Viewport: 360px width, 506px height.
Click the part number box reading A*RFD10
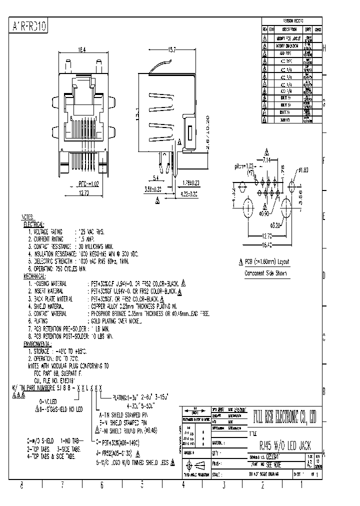[29, 26]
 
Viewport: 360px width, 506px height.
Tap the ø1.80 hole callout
[302, 170]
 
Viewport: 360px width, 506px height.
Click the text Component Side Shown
[267, 273]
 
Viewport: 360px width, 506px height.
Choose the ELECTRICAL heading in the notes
[34, 225]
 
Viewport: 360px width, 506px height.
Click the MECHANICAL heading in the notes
[35, 276]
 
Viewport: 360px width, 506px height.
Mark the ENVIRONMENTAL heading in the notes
[37, 344]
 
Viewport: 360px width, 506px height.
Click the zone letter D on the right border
[323, 275]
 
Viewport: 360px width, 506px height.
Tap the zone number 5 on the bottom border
[142, 484]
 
